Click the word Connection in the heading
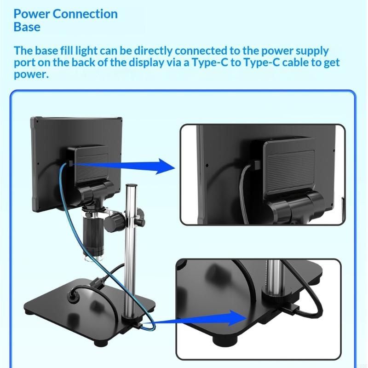point(85,13)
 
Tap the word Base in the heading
point(27,27)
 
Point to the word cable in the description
point(298,62)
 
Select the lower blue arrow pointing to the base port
point(207,317)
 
